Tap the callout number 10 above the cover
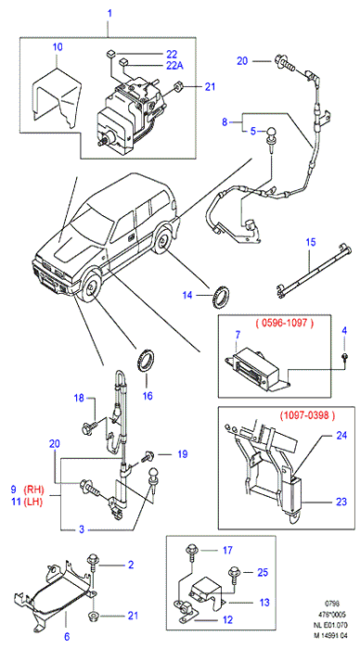(x=58, y=46)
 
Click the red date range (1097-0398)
(x=307, y=414)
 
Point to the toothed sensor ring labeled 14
(x=222, y=297)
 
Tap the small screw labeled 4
(x=344, y=357)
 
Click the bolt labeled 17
(x=192, y=553)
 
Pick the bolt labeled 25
(x=233, y=577)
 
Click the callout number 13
(x=264, y=602)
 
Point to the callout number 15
(x=310, y=241)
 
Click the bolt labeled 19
(x=148, y=457)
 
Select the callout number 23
(x=341, y=502)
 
